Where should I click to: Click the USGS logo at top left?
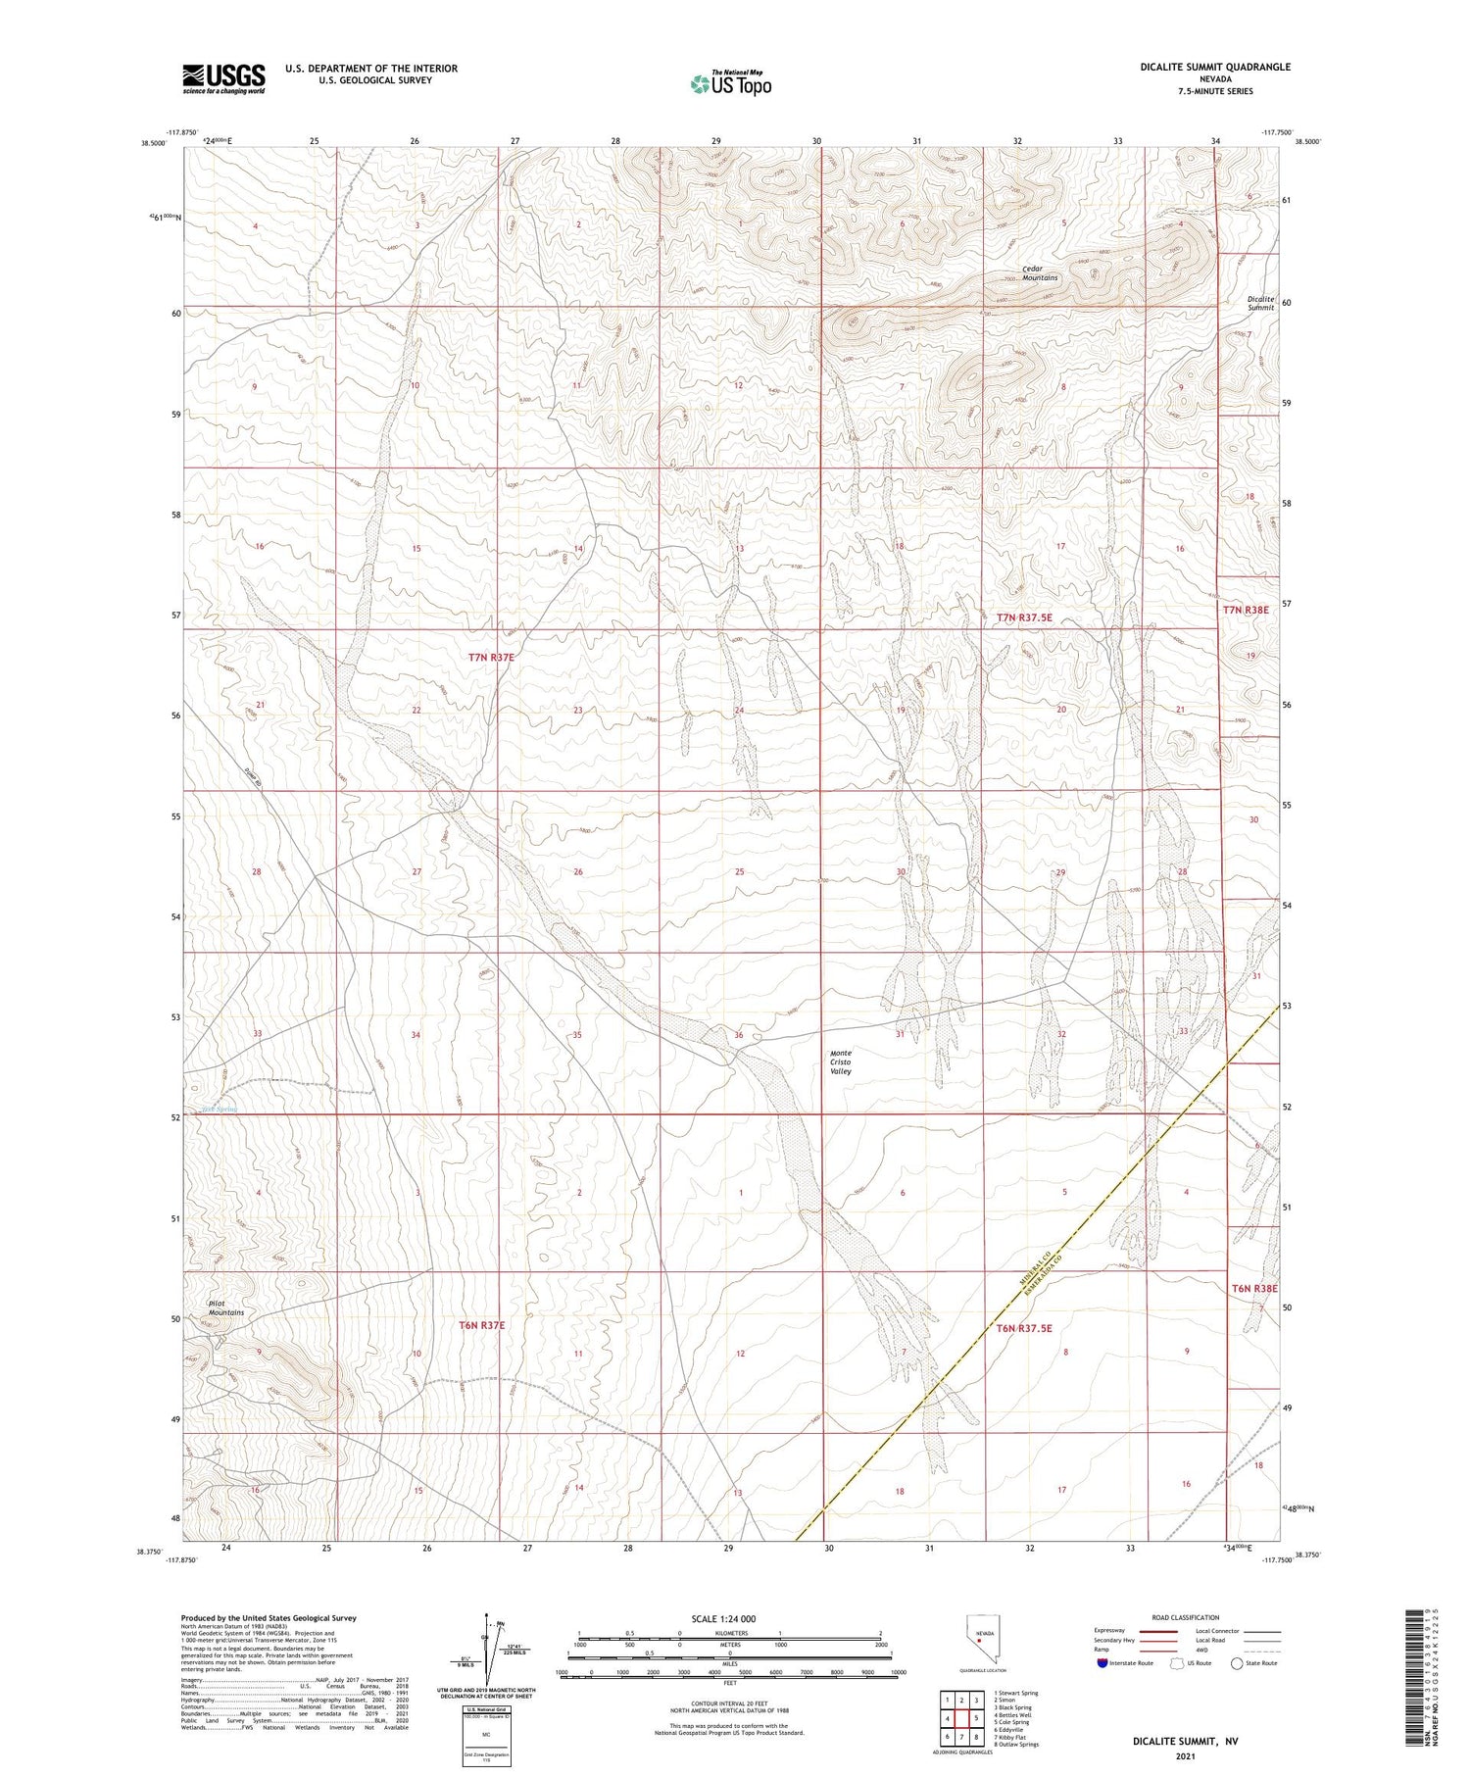click(x=223, y=78)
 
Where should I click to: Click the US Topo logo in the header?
click(x=731, y=83)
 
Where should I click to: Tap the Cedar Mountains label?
click(x=1040, y=272)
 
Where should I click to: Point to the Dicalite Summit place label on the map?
click(x=1260, y=303)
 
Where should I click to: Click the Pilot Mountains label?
click(x=225, y=1308)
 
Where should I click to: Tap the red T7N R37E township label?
click(x=491, y=657)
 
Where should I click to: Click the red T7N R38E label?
click(x=1246, y=609)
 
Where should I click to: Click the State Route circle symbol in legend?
click(x=1237, y=1663)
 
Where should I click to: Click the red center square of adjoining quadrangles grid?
click(x=961, y=1717)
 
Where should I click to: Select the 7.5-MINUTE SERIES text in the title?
click(x=1215, y=91)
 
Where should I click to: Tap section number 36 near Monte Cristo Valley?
click(x=738, y=1035)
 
